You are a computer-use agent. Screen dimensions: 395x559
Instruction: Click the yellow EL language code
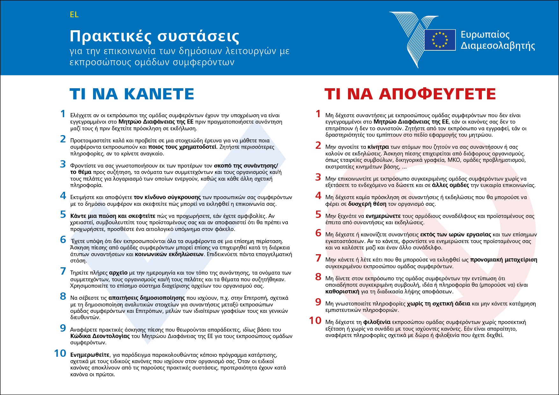[x=74, y=15]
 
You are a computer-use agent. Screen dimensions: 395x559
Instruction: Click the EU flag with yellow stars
[x=440, y=40]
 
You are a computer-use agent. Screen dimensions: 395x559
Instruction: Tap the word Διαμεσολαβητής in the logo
[x=497, y=46]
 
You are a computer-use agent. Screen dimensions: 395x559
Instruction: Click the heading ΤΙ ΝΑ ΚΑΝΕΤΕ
[x=132, y=94]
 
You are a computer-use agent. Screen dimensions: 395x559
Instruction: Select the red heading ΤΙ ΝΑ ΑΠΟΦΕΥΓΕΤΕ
[x=410, y=94]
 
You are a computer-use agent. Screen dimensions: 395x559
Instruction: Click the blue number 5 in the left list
[x=63, y=215]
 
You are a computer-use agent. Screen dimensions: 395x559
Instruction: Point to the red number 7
[x=318, y=258]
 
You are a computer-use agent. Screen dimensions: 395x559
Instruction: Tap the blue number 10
[x=60, y=353]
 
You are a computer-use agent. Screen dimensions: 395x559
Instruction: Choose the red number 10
[x=315, y=320]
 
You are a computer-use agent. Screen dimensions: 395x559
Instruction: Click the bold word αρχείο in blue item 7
[x=118, y=273]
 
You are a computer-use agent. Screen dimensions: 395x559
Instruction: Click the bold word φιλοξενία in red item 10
[x=377, y=322]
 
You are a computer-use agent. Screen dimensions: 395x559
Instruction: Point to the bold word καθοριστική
[x=342, y=291]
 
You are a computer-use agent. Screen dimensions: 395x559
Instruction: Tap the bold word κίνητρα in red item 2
[x=378, y=147]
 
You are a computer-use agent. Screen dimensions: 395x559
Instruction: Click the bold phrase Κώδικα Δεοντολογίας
[x=100, y=336]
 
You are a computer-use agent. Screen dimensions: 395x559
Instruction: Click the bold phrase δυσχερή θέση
[x=367, y=204]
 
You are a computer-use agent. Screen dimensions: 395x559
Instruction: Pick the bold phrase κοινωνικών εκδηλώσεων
[x=169, y=255]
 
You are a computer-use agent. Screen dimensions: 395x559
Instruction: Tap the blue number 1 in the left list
[x=63, y=114]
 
